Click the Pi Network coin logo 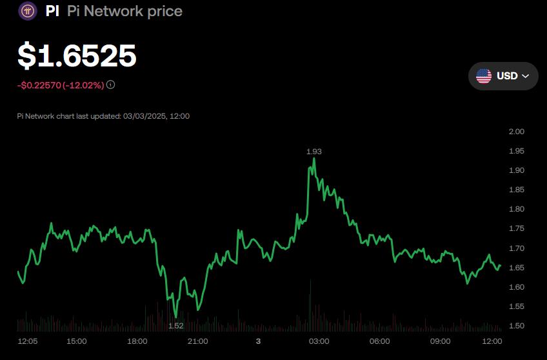point(28,11)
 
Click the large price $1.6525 point(77,56)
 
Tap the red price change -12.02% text point(83,85)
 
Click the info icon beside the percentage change point(111,85)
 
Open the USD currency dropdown point(503,76)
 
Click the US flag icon point(484,76)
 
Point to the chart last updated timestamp point(103,116)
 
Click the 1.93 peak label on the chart point(313,151)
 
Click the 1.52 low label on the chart point(176,326)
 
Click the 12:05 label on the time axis point(28,341)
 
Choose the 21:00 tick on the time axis point(197,341)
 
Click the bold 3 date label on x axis point(258,341)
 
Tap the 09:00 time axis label point(440,341)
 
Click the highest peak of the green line point(314,159)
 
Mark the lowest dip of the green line point(175,317)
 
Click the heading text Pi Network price point(124,11)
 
